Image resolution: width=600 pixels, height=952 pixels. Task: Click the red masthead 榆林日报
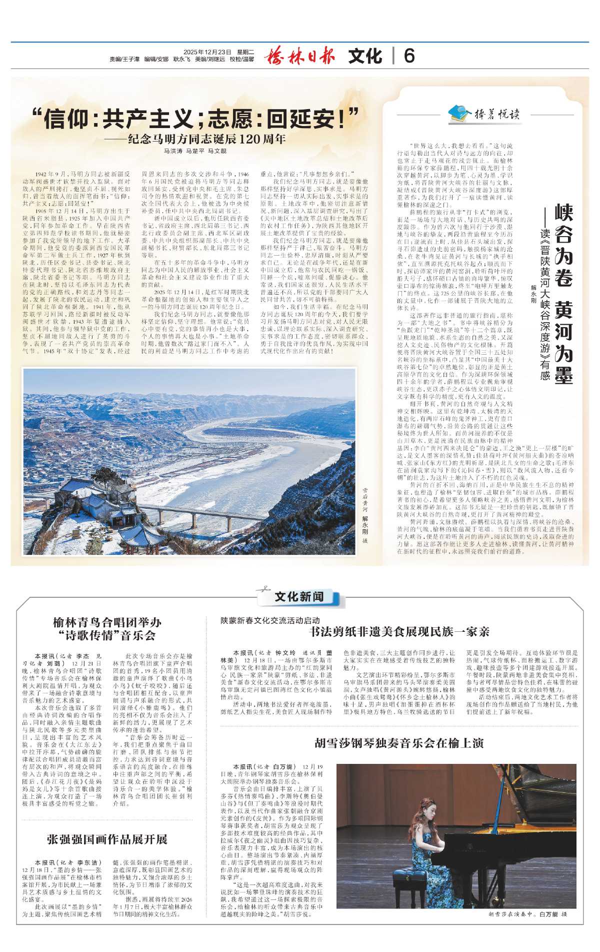[x=299, y=56]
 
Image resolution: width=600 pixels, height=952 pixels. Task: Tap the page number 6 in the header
[x=409, y=56]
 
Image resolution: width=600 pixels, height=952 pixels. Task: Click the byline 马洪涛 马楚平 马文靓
[x=195, y=151]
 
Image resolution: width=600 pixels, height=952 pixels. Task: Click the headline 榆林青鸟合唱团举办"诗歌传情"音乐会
[x=107, y=629]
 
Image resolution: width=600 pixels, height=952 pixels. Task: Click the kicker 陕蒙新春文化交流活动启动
[x=270, y=620]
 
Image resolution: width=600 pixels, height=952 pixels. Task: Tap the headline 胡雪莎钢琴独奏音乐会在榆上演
[x=399, y=743]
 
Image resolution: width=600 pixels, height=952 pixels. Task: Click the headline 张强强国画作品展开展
[x=107, y=839]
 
